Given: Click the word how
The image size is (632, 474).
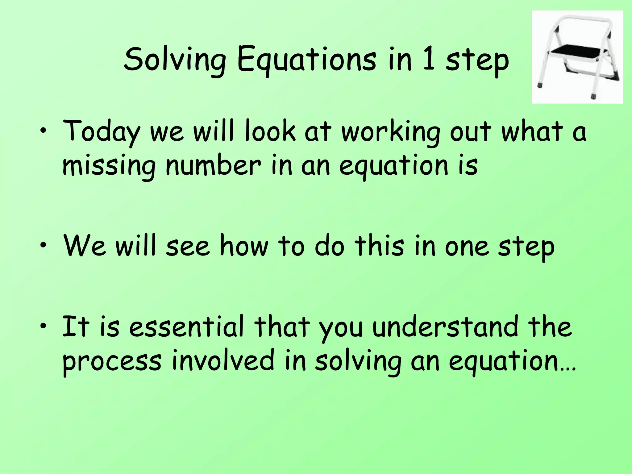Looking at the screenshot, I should [244, 246].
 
